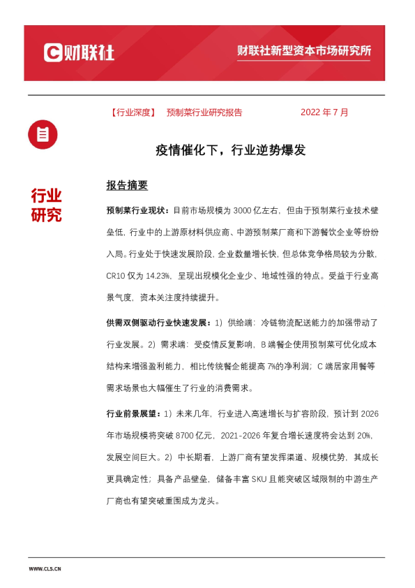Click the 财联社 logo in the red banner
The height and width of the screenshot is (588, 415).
[x=79, y=52]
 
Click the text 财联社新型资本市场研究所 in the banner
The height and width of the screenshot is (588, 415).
[x=303, y=52]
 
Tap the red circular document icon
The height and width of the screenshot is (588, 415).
[x=43, y=134]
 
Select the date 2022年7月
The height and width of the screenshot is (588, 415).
[x=324, y=112]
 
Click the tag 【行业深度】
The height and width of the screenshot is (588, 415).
[x=133, y=112]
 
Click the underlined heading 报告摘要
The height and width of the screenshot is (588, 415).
[x=127, y=186]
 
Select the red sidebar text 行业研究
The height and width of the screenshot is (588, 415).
[x=46, y=205]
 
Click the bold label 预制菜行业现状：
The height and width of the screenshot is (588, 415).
[x=138, y=210]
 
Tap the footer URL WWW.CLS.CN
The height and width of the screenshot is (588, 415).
[x=45, y=569]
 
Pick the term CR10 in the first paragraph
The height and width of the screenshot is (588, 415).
[x=116, y=275]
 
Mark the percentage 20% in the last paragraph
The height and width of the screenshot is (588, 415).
[x=362, y=436]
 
